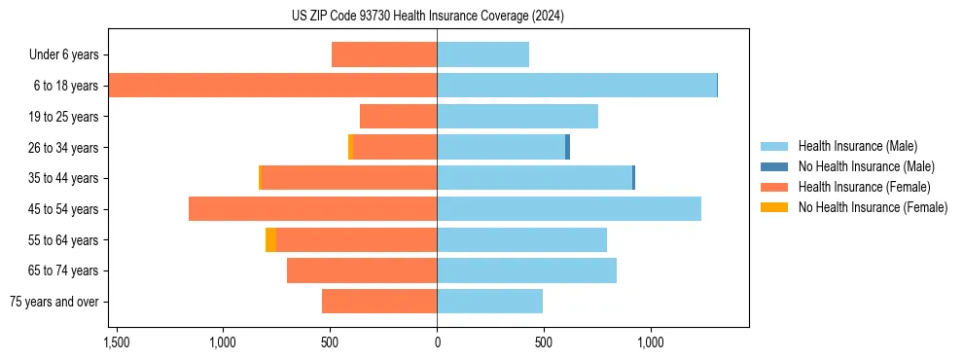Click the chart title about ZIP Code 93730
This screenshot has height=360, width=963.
(x=427, y=16)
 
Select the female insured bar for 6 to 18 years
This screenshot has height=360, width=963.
(x=272, y=86)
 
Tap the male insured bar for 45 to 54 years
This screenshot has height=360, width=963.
(x=569, y=209)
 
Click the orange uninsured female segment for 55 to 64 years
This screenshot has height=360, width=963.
(x=270, y=240)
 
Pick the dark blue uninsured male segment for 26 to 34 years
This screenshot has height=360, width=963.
(x=567, y=147)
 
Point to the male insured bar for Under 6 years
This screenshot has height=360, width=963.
(x=482, y=54)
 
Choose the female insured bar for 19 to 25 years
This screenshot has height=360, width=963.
(x=398, y=117)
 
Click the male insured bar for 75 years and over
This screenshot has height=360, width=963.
(x=489, y=302)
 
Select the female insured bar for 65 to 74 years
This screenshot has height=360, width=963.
(x=362, y=270)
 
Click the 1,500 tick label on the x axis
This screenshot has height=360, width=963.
(x=116, y=342)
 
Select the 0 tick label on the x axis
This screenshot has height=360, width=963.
(x=437, y=342)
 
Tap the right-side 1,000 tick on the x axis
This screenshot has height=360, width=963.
(x=650, y=342)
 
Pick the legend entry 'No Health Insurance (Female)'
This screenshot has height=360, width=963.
(x=872, y=207)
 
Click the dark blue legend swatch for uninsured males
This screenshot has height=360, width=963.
(x=775, y=166)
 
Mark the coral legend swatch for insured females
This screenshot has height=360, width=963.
(x=775, y=187)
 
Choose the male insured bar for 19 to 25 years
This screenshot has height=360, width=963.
(x=517, y=117)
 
